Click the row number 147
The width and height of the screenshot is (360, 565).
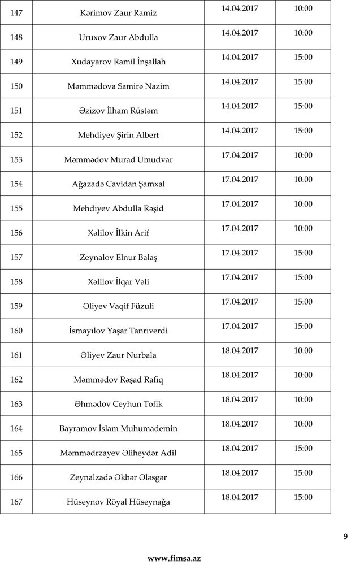(x=16, y=13)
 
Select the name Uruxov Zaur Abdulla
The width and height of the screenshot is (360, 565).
(x=119, y=37)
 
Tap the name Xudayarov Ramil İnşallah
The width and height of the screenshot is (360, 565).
(x=119, y=62)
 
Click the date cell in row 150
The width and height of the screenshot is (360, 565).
(x=240, y=82)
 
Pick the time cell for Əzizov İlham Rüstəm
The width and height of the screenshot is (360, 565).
(x=303, y=106)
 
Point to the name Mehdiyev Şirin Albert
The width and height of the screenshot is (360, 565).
(x=119, y=135)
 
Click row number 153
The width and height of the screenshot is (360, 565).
(x=16, y=159)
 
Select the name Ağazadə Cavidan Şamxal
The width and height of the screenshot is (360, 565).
(x=119, y=184)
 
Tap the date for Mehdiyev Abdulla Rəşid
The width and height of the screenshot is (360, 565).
(x=240, y=204)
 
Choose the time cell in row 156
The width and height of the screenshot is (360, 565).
(x=303, y=228)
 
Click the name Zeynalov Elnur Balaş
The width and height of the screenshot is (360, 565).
(x=119, y=257)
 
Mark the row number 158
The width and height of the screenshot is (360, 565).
(x=16, y=281)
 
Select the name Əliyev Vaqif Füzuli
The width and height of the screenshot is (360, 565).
(x=119, y=306)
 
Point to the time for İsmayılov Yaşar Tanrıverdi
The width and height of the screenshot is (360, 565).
(x=303, y=326)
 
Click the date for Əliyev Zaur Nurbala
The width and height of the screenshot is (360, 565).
(x=240, y=350)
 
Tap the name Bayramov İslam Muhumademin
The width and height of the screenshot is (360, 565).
(x=119, y=428)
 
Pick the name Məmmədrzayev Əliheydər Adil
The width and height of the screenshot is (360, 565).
(x=119, y=453)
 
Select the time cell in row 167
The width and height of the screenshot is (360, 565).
(x=303, y=497)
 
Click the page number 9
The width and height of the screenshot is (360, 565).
(x=345, y=537)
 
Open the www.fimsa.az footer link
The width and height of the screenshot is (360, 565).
(x=174, y=558)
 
